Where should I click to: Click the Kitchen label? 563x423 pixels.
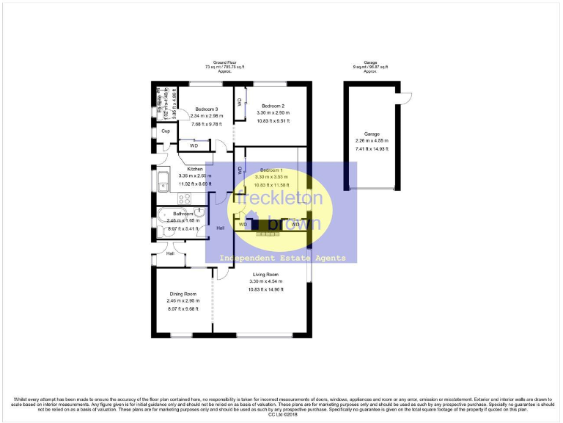[194, 169]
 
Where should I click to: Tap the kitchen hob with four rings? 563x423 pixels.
[184, 198]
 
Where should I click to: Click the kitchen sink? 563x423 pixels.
[162, 181]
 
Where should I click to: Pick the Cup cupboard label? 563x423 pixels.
[166, 132]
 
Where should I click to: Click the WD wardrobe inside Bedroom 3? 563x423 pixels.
[194, 145]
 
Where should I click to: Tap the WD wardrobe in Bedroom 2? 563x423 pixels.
[240, 102]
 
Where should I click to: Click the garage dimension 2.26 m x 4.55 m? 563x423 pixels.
[372, 140]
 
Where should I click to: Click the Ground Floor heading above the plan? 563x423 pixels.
[225, 63]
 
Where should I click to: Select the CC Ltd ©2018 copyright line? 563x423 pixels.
[281, 415]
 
